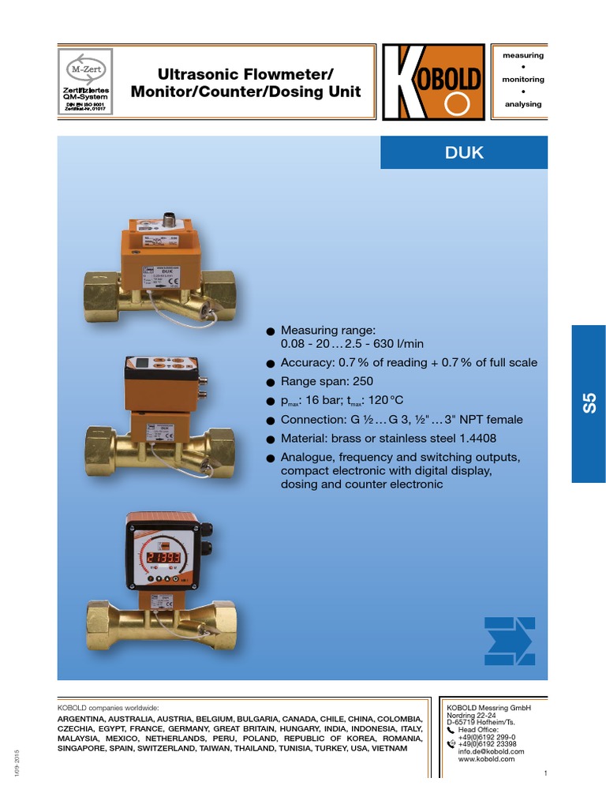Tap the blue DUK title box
tap(464, 152)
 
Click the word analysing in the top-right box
tap(523, 104)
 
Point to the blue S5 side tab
tap(588, 403)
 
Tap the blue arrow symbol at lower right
tap(509, 641)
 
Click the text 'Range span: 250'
tap(327, 382)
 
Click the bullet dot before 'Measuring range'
tap(270, 331)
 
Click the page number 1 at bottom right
tap(545, 772)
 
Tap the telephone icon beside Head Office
tap(451, 731)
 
